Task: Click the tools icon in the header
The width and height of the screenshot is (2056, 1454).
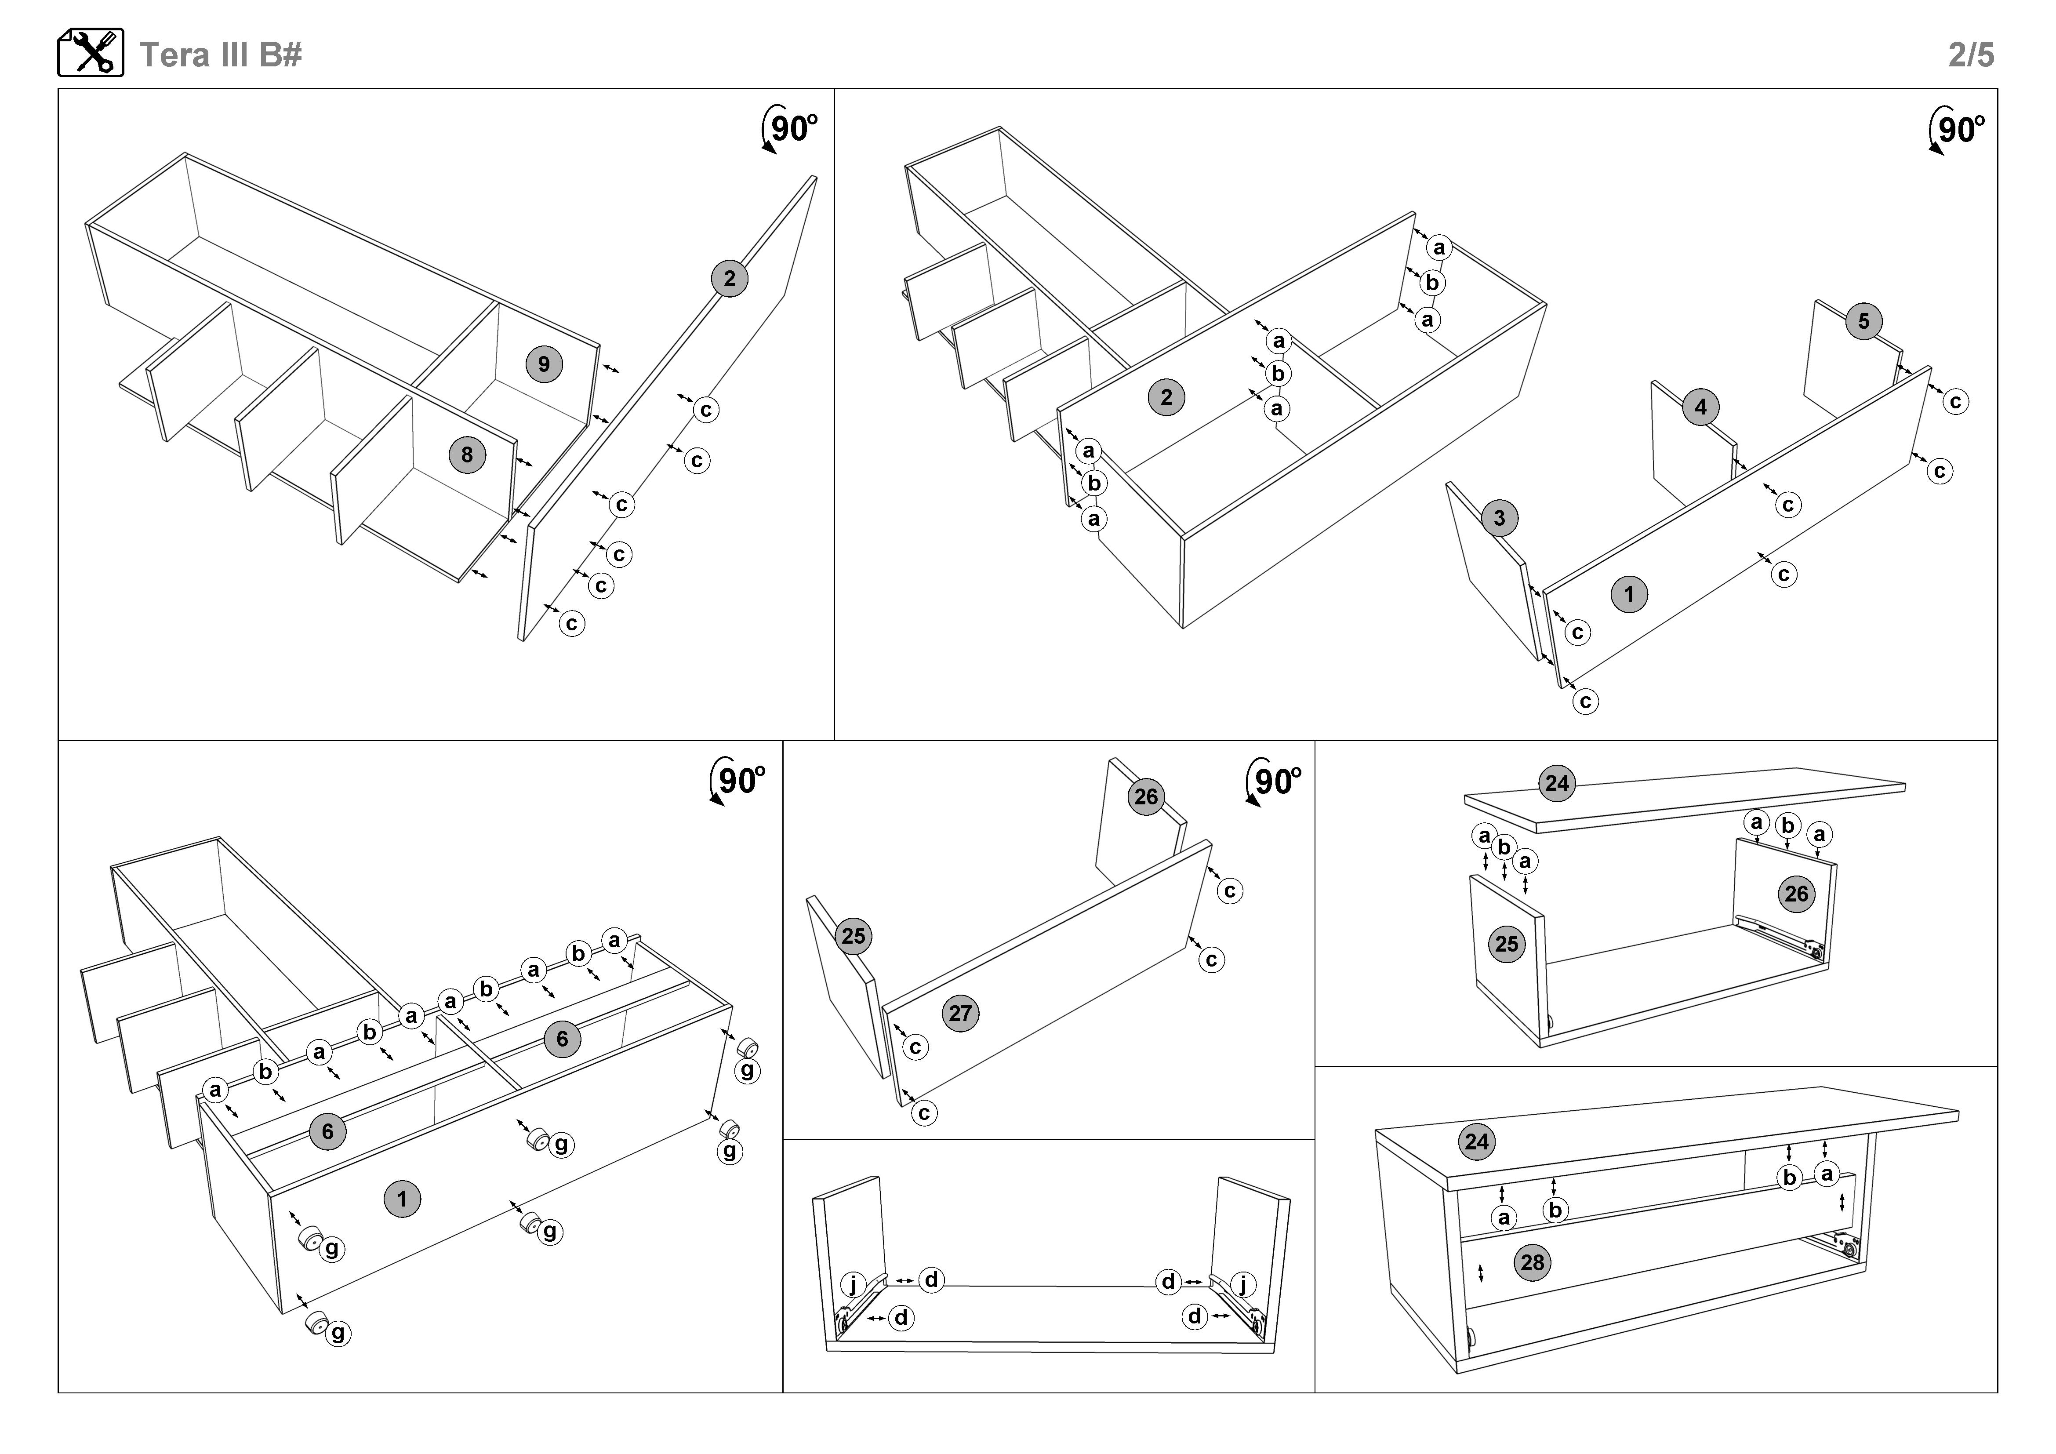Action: (91, 53)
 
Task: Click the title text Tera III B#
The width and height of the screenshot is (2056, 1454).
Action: (220, 55)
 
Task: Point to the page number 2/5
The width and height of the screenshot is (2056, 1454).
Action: (1971, 55)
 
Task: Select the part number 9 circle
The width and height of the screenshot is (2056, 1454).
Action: (544, 364)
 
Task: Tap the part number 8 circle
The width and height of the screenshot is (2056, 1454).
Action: (467, 455)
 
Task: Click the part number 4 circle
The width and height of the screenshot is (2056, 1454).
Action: (1700, 407)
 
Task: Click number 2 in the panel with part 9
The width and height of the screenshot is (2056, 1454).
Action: (730, 278)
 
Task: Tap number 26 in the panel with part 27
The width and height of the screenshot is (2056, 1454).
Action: (1146, 797)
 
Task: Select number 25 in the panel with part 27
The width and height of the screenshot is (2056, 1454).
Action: (854, 937)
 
